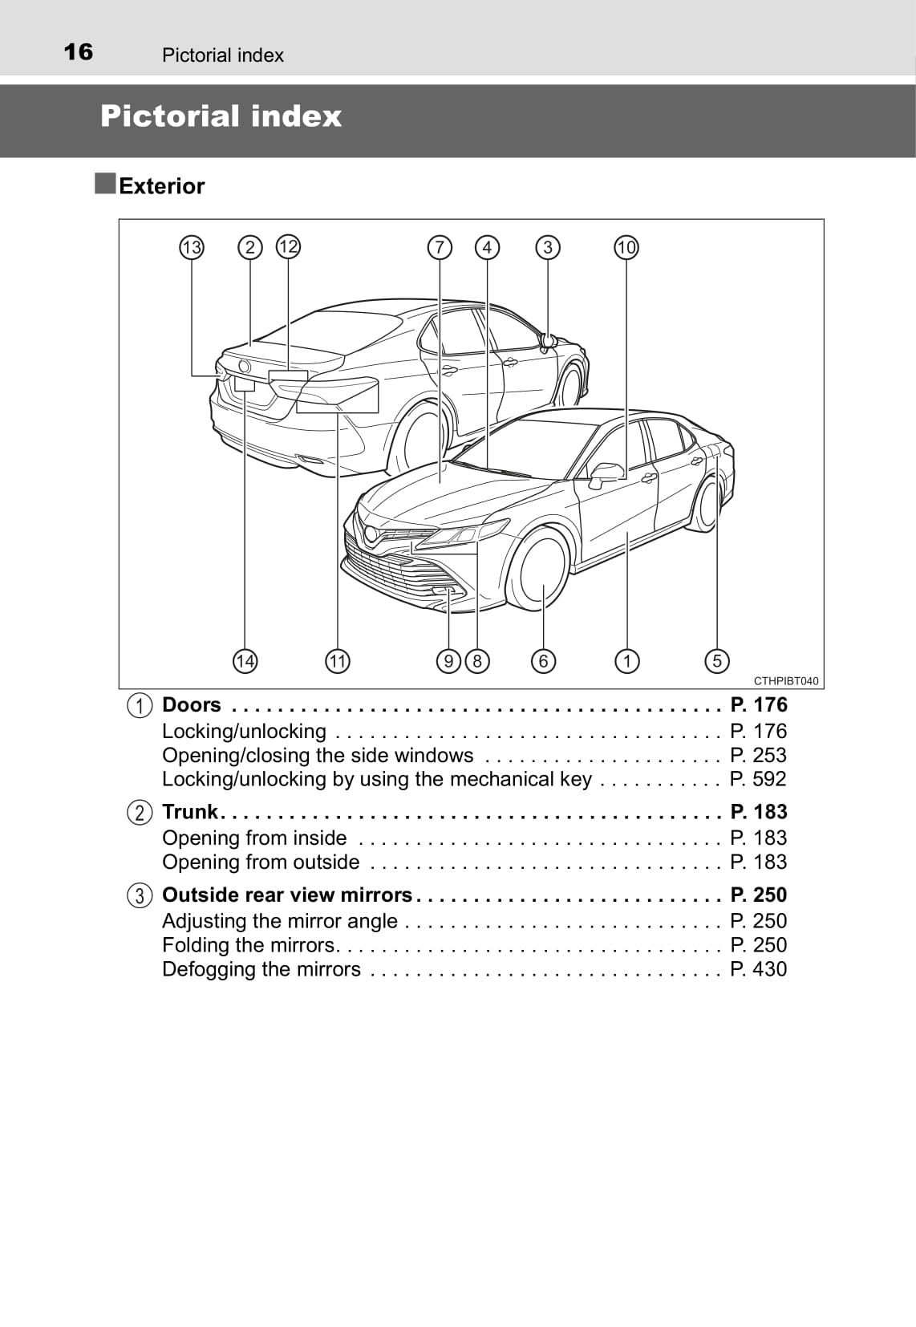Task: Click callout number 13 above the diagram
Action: click(x=191, y=247)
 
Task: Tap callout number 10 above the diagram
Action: click(x=626, y=247)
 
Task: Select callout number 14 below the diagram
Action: click(x=245, y=661)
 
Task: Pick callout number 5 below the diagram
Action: click(x=717, y=660)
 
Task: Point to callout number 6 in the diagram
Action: click(x=544, y=660)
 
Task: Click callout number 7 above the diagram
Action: click(x=440, y=247)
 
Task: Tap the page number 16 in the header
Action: click(x=78, y=52)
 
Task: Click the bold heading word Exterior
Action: click(x=162, y=186)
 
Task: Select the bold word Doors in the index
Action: click(x=191, y=705)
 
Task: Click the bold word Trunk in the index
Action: click(x=190, y=812)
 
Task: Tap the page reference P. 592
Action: click(x=758, y=779)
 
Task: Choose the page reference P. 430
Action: click(x=758, y=969)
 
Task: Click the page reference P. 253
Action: click(x=758, y=755)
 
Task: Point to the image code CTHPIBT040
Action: click(x=786, y=681)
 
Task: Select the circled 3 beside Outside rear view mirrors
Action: click(x=139, y=895)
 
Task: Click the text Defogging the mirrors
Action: click(x=261, y=969)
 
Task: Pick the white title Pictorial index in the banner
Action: click(x=221, y=116)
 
